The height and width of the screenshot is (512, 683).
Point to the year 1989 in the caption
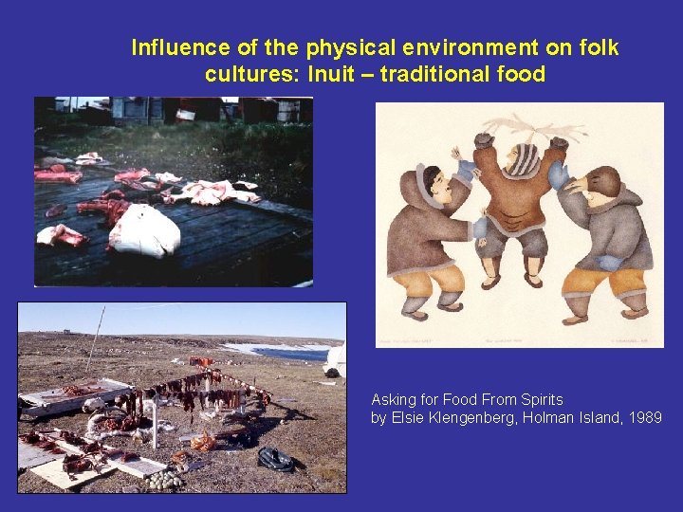coord(644,418)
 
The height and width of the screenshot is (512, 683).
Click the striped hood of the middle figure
coord(521,159)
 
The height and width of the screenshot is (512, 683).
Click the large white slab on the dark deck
coord(145,231)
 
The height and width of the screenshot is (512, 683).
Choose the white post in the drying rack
coord(153,426)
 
